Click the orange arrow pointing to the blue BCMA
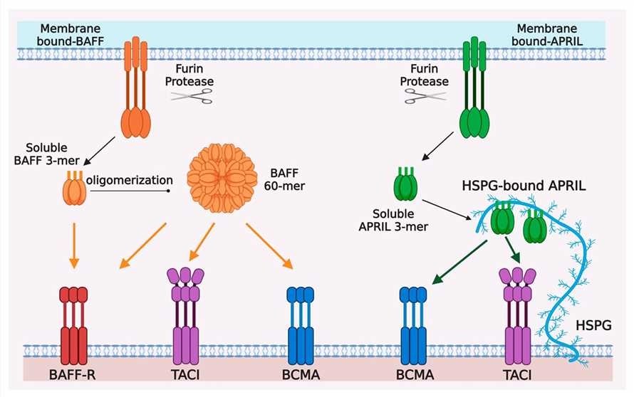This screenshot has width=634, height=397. [x=270, y=246]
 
